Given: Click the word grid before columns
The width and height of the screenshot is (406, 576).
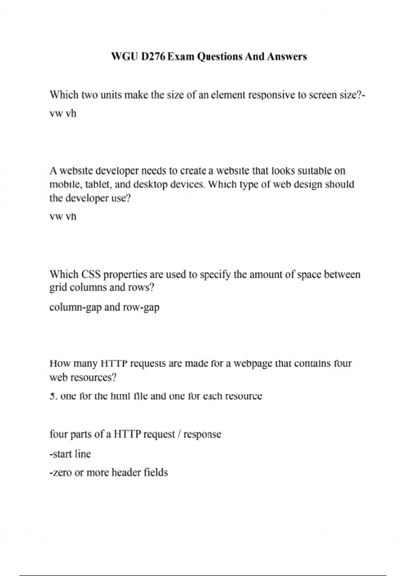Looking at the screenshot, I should coord(58,288).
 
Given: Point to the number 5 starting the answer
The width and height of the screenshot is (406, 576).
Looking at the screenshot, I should coord(52,396).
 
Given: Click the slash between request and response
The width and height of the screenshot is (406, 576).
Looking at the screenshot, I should coord(179,434).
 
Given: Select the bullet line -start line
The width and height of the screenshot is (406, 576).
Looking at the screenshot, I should coord(70,454).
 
